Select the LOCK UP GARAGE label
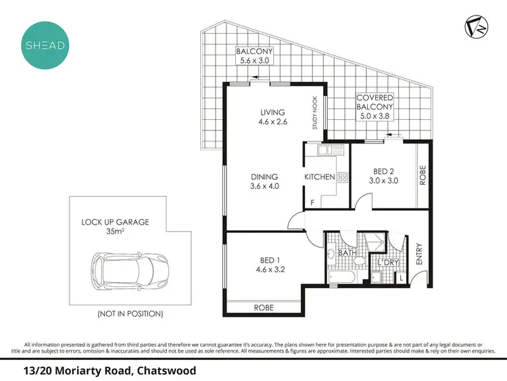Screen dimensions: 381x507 [115, 222]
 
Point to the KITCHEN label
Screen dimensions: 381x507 [320, 177]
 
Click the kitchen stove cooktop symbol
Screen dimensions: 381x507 [342, 177]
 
